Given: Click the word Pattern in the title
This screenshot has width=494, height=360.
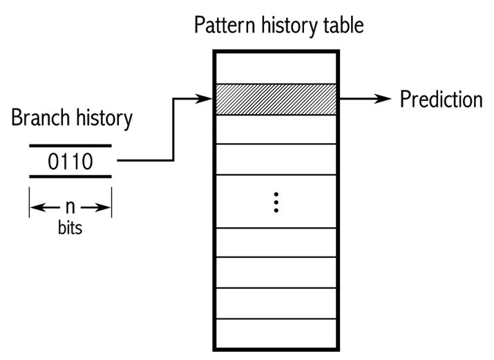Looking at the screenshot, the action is click(225, 25).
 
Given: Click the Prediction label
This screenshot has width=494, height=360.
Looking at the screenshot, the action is click(441, 100).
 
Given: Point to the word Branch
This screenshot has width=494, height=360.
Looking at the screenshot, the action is click(40, 117).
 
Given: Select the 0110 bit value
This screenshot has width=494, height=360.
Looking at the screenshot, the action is click(70, 162).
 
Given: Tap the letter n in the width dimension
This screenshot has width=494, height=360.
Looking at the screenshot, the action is click(70, 207).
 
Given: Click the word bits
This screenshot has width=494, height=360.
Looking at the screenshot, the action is click(70, 227).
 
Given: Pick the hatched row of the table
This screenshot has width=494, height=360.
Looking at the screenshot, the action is click(276, 100).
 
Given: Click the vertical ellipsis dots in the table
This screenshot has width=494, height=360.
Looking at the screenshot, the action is click(276, 202).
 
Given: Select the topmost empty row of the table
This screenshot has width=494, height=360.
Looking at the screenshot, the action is click(276, 68).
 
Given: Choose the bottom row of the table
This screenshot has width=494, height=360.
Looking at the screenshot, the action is click(276, 334).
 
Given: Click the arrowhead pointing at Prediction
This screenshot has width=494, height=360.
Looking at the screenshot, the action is click(383, 99).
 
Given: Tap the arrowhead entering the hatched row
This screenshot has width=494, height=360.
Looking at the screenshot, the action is click(204, 99).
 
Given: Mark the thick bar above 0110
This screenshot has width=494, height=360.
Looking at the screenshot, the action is click(70, 146).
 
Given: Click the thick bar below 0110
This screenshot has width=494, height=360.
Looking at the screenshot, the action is click(70, 177).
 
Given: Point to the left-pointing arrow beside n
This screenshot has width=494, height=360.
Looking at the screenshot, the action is click(45, 207).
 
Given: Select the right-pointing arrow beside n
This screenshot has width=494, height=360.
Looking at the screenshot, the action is click(96, 207).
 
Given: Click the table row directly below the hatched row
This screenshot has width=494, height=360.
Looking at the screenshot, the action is click(276, 129).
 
